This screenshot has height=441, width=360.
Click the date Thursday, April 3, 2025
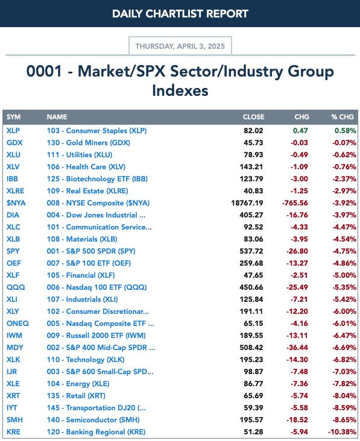click(x=180, y=46)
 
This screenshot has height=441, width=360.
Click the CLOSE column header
click(x=253, y=117)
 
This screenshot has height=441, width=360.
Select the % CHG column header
click(x=343, y=117)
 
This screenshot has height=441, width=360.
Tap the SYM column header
click(x=13, y=117)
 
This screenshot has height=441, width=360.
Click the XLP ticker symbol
click(x=13, y=131)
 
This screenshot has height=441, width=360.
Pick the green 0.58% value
click(x=346, y=131)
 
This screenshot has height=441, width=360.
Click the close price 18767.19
click(x=247, y=203)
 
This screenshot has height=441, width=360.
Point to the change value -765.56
click(x=295, y=203)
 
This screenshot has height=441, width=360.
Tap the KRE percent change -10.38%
click(x=342, y=432)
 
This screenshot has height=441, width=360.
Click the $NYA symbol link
click(x=16, y=203)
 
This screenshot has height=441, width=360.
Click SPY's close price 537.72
click(x=251, y=251)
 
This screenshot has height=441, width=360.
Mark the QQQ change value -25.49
click(x=297, y=287)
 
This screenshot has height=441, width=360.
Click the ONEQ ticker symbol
click(x=17, y=324)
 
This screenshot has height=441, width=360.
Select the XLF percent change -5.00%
click(x=344, y=275)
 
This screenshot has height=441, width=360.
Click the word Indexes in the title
click(x=180, y=90)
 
